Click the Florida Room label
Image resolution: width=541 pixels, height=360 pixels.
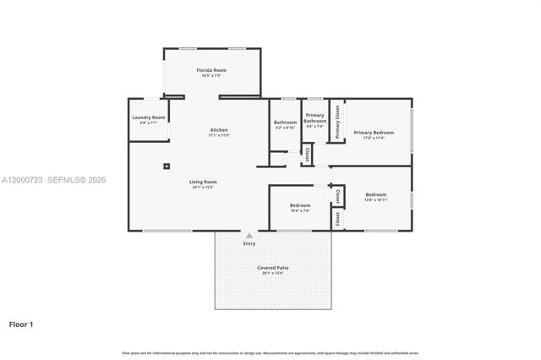coord(211,70)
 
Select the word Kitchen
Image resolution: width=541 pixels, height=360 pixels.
coord(218,129)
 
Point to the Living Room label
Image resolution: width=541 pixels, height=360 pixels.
coord(203,181)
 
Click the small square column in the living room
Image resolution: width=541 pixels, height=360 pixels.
coord(167,166)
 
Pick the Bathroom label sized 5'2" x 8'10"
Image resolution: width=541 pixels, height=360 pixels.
coord(285,123)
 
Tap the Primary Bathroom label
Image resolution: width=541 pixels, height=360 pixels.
coord(314,117)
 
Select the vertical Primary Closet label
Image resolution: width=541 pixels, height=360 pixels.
coord(337,121)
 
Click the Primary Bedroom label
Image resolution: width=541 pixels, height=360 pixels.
coord(374,132)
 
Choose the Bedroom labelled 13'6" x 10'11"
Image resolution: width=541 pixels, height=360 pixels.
coord(375,194)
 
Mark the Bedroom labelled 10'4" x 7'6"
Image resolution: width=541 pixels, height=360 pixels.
coord(300,205)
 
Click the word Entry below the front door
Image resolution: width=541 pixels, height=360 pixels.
coord(249,243)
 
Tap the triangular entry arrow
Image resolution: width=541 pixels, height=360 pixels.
coord(249,236)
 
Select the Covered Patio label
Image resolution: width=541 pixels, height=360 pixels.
coord(272,267)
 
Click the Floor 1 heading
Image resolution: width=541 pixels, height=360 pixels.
coord(22,324)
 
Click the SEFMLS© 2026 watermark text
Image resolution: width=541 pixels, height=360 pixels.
coord(75,180)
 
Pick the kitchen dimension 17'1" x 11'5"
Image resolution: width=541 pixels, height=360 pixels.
coord(218,135)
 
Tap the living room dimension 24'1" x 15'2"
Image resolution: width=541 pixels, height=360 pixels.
coord(203,187)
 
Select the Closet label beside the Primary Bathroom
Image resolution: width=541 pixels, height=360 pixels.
coord(307,154)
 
